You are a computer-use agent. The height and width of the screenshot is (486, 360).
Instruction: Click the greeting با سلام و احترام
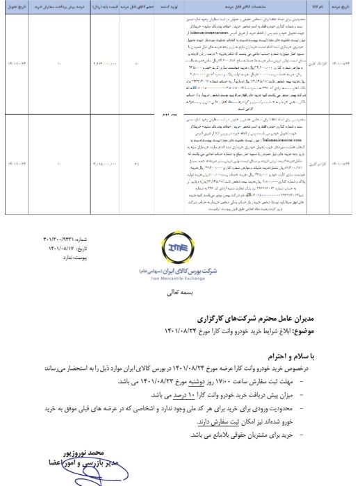pyautogui.click(x=288, y=353)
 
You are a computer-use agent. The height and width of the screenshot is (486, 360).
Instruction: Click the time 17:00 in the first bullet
pyautogui.click(x=238, y=380)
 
